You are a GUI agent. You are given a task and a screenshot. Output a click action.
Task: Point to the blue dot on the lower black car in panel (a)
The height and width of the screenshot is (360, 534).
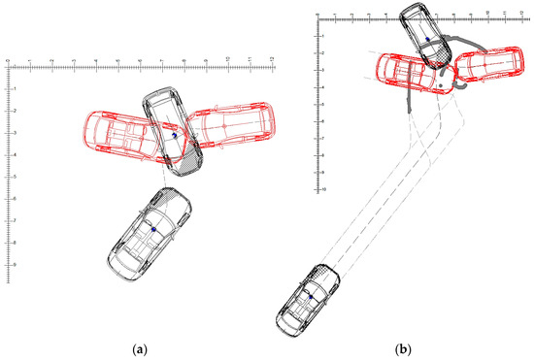pos(152,229)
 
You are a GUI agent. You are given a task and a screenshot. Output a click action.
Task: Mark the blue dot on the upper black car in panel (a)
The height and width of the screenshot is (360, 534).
pos(174,137)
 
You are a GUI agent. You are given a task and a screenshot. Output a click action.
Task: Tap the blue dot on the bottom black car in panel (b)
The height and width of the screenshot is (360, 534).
pos(309,292)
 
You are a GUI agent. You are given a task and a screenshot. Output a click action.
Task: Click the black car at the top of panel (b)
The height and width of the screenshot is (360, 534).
pos(427,35)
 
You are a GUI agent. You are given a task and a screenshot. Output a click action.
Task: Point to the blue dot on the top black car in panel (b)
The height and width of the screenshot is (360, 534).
pos(426,40)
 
